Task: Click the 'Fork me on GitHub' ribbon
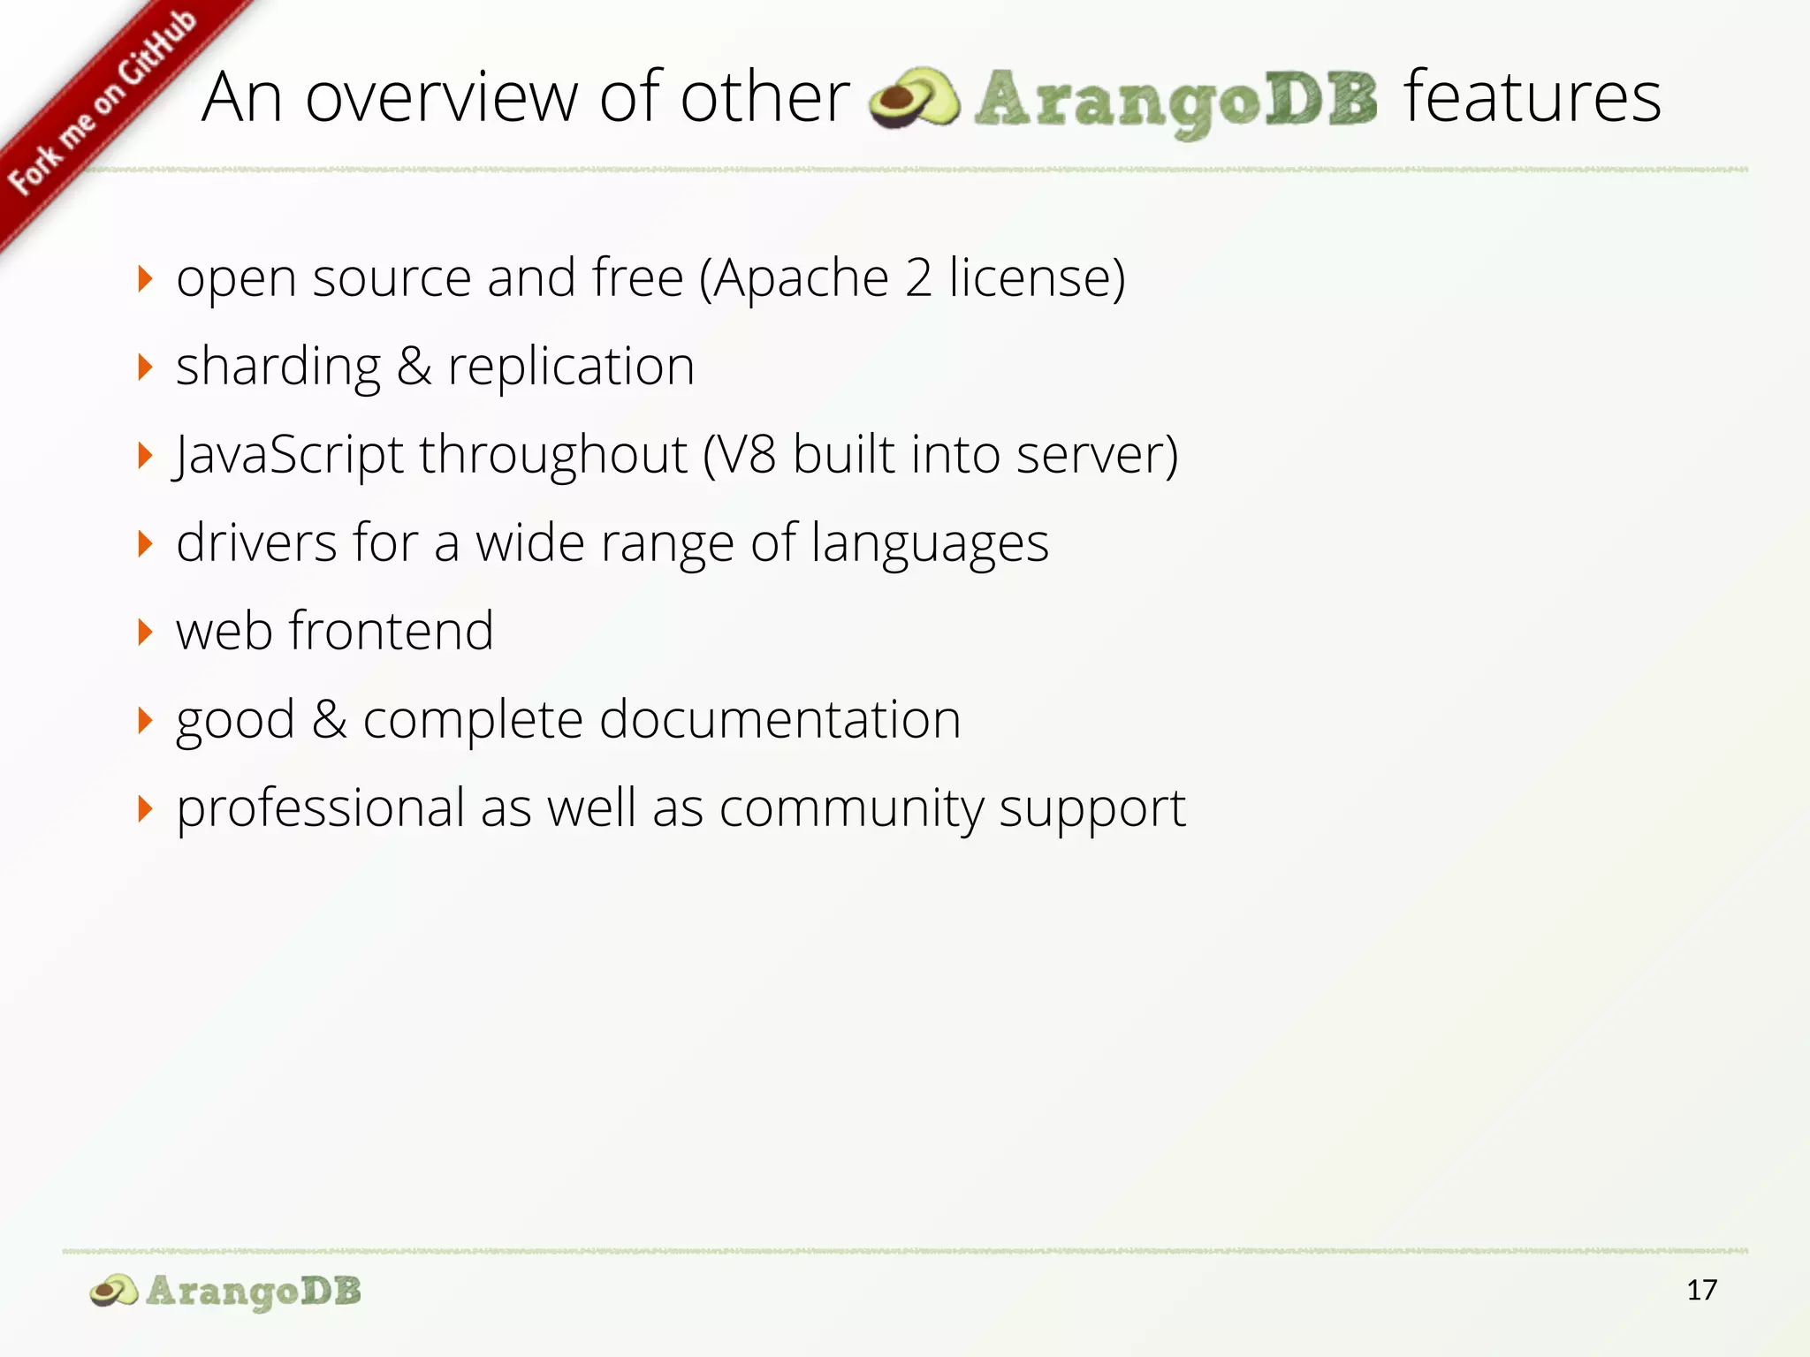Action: click(102, 104)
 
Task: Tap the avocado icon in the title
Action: click(914, 99)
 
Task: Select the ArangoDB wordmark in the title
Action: click(1175, 101)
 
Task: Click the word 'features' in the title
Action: click(1532, 97)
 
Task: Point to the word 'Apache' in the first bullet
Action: click(801, 279)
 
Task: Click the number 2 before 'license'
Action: click(918, 279)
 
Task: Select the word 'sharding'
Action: click(278, 368)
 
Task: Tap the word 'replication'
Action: click(571, 368)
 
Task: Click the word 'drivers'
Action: click(256, 543)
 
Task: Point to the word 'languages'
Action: click(930, 544)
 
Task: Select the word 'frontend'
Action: click(392, 632)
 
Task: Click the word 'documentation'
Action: click(780, 720)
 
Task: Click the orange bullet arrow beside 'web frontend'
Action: click(146, 633)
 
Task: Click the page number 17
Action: click(1701, 1291)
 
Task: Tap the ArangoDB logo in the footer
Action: click(226, 1292)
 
